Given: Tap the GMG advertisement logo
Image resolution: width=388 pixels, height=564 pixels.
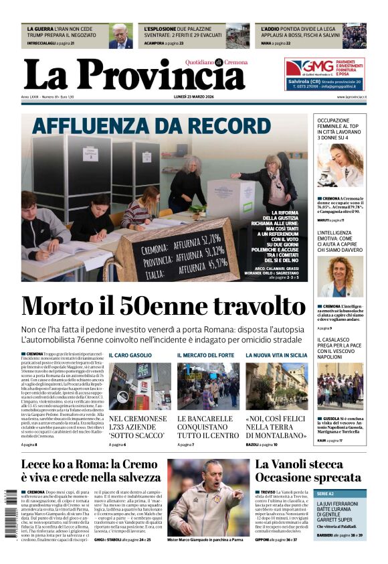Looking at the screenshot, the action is click(309, 67).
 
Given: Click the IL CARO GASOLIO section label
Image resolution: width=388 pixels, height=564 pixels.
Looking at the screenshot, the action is click(130, 355).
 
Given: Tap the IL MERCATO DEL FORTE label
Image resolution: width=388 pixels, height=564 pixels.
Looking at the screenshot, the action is click(205, 355).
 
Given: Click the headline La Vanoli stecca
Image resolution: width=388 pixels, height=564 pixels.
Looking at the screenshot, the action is click(298, 464).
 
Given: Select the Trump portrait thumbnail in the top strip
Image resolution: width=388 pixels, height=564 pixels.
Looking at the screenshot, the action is click(121, 36).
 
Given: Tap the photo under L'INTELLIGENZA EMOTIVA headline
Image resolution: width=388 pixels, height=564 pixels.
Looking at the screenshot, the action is click(341, 277).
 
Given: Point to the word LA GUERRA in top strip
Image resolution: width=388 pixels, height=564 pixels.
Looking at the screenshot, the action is click(39, 29).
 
